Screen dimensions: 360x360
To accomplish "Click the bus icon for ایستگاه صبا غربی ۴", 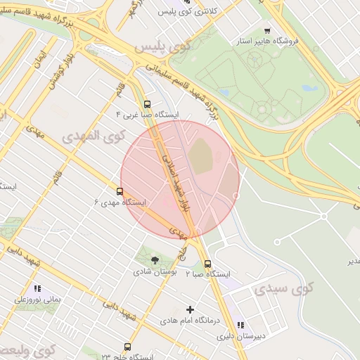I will [147, 104].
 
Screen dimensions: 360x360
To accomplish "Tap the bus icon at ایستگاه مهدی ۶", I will [120, 191].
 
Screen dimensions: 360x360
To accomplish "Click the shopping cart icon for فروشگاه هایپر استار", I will [267, 31].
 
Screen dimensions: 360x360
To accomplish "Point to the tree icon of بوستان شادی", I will [155, 260].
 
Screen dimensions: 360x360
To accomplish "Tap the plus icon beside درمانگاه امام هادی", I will [190, 309].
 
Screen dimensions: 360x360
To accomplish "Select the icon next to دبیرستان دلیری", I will [240, 325].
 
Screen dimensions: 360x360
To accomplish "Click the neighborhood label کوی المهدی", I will [92, 134].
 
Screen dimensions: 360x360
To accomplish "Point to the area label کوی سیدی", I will [283, 289].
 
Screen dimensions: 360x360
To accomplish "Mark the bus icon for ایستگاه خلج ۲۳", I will [127, 347].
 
